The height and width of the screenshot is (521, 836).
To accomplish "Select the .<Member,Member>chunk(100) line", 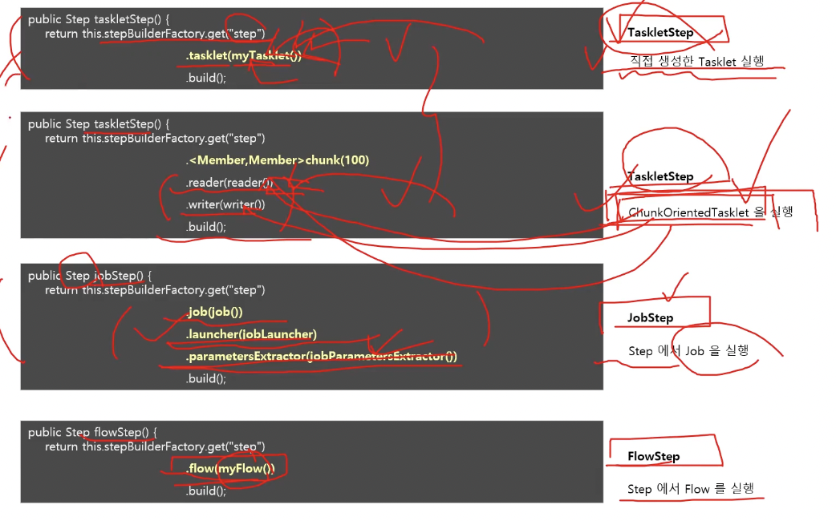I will click(278, 160).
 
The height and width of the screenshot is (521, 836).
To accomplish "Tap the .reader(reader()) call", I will click(229, 183).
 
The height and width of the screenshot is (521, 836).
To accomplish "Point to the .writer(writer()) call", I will click(225, 204).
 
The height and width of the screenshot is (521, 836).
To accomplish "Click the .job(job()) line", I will click(214, 312).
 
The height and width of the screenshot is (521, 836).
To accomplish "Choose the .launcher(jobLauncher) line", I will click(251, 333).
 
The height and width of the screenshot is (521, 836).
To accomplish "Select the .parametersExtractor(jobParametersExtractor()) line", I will click(322, 356).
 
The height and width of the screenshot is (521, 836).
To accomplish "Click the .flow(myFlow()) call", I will click(230, 468).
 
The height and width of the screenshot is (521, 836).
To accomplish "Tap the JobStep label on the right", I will click(650, 318).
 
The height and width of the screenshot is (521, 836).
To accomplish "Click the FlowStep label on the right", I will click(653, 457).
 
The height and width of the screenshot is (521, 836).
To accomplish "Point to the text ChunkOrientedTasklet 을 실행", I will click(710, 212).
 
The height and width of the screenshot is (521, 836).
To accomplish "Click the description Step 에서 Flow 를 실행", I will click(691, 489).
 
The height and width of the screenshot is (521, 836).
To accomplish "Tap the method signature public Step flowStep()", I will click(91, 432).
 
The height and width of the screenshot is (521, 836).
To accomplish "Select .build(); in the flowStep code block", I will click(206, 491).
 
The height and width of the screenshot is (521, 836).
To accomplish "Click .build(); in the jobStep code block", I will click(206, 378).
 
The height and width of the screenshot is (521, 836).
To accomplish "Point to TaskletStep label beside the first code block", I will click(660, 33).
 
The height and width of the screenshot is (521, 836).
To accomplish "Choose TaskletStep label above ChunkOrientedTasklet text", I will click(660, 176).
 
